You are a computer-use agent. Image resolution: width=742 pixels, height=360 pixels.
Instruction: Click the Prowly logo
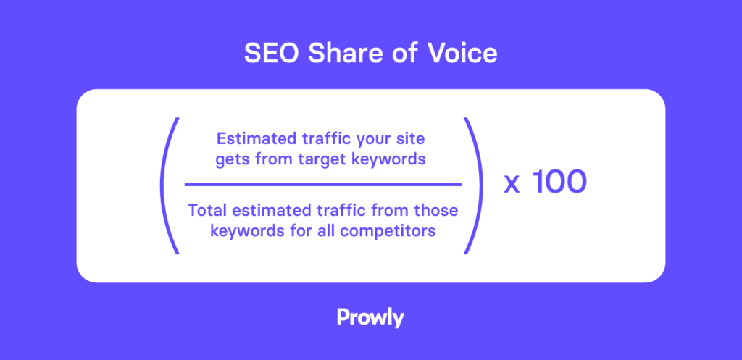pos(370,317)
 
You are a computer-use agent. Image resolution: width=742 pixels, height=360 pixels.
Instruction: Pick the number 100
pos(559,183)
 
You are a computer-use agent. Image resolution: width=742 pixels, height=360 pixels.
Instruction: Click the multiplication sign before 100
pos(512,185)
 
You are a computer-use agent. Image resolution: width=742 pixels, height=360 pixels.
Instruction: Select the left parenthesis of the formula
pos(170,185)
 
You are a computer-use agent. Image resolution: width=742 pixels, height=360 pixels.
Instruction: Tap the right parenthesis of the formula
pos(474,185)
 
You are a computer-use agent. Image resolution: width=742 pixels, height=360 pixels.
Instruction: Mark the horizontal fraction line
pos(322,185)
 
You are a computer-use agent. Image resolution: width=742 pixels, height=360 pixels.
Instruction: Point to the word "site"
pos(412,139)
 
